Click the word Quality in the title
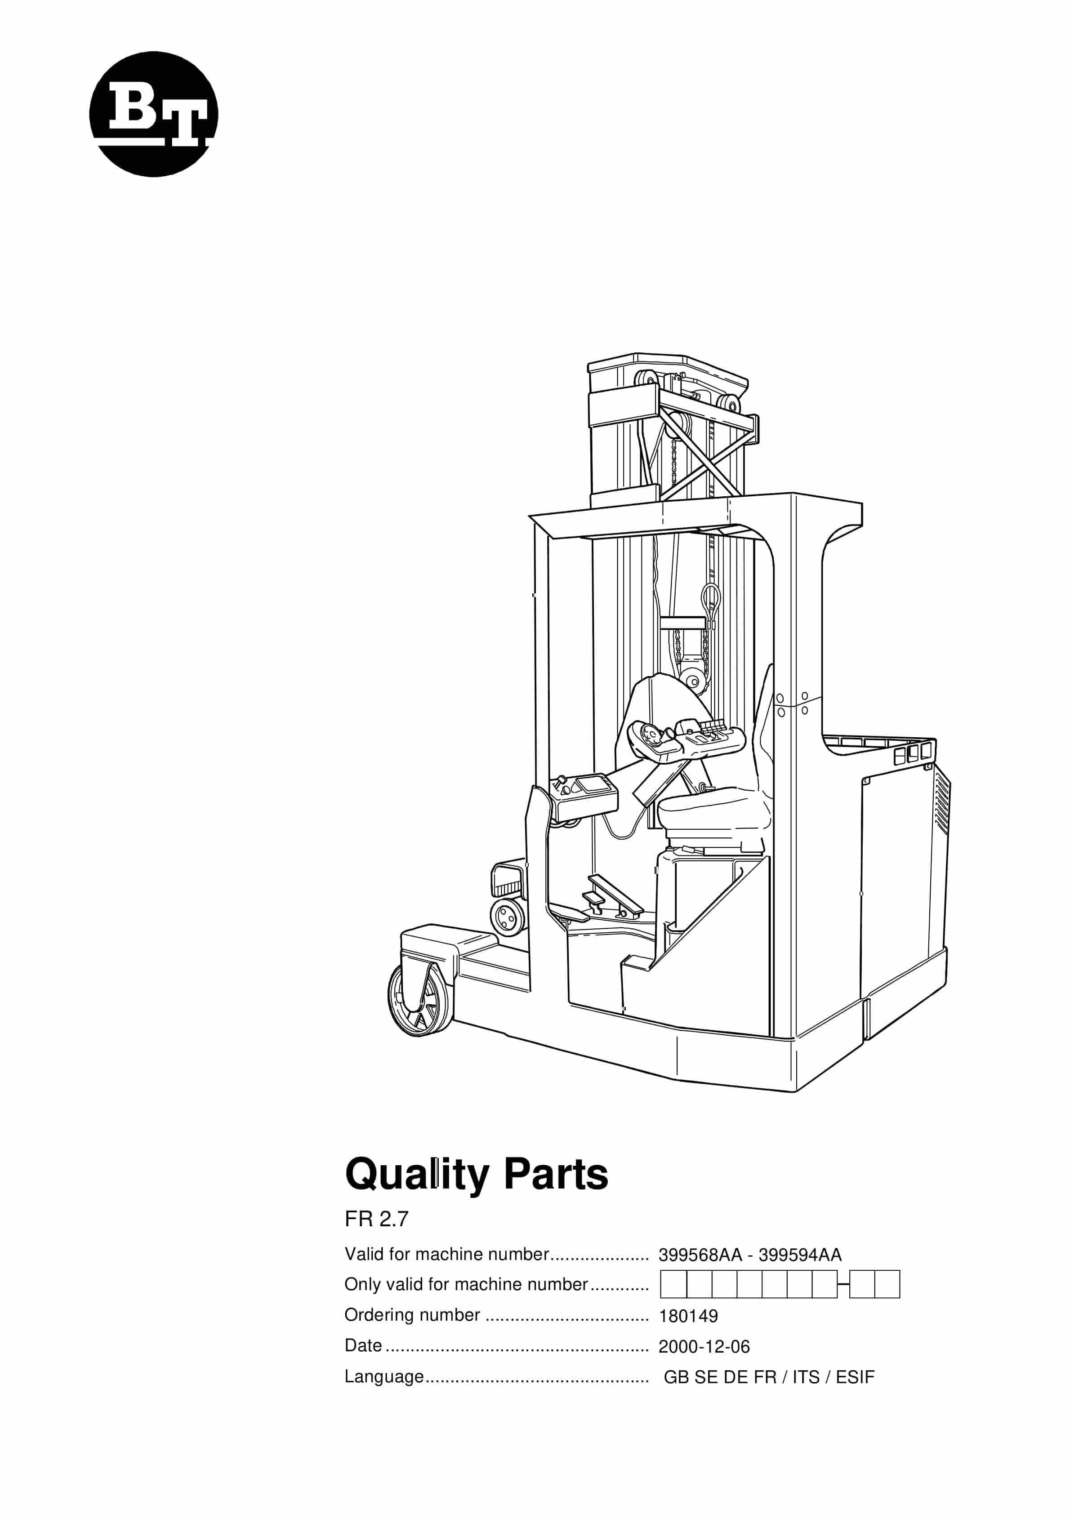[416, 1175]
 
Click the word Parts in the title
[556, 1175]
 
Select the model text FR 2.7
[376, 1219]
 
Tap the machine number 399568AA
[700, 1255]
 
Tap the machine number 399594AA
[799, 1255]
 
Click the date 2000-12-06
[704, 1346]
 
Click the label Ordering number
[412, 1315]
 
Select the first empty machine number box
[673, 1285]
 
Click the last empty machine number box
[887, 1285]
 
